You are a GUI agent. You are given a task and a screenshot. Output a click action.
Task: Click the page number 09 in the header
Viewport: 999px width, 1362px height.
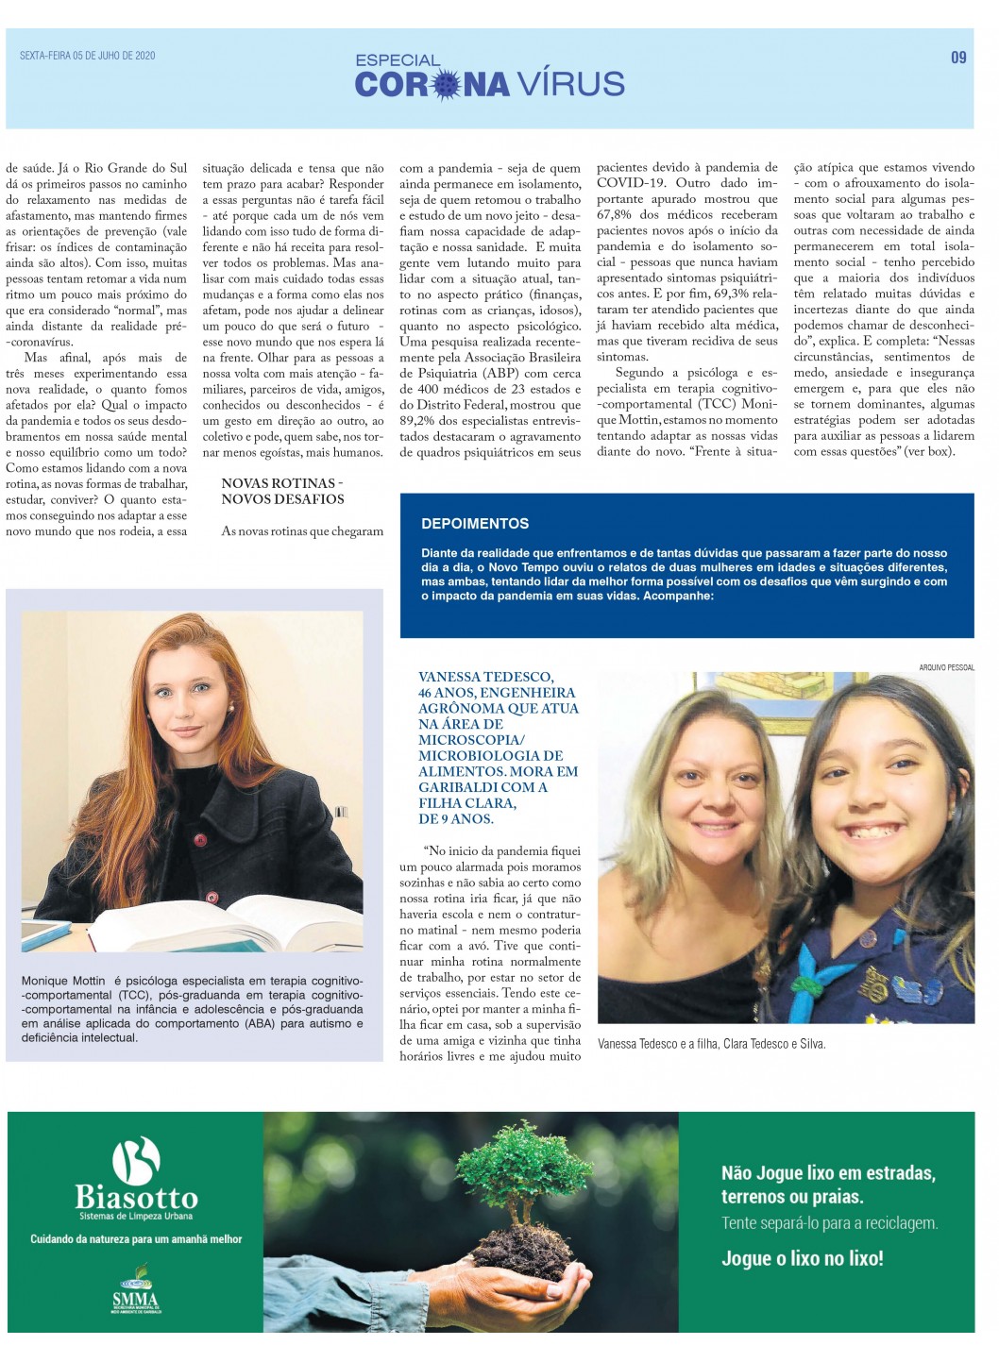point(958,58)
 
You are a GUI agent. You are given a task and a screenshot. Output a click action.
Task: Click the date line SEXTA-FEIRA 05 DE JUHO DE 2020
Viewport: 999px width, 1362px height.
point(88,56)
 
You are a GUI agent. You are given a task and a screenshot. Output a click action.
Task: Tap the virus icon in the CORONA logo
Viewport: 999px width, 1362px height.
point(446,85)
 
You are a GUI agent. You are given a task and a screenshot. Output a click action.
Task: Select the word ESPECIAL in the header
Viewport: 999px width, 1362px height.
point(398,59)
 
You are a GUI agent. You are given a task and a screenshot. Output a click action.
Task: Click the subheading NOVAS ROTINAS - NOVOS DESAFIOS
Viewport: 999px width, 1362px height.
point(282,491)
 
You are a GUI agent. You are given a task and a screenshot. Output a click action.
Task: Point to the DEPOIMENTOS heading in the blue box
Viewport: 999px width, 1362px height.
point(475,523)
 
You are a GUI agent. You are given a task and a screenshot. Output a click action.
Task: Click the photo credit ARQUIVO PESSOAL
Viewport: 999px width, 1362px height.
point(946,667)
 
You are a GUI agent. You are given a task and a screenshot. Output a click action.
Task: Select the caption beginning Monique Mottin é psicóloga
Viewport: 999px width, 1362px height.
point(193,1009)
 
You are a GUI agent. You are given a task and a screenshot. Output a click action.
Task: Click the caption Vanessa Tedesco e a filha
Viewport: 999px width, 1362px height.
point(712,1044)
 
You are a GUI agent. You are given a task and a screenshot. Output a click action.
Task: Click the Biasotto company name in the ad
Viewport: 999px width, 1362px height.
point(137,1198)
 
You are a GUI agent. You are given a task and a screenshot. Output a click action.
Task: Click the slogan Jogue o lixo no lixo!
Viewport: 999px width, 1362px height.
point(802,1258)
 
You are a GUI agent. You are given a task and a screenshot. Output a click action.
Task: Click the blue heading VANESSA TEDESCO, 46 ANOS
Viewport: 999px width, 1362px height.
point(499,748)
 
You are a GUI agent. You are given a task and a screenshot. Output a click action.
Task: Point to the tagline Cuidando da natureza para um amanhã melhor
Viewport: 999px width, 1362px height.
point(136,1238)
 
